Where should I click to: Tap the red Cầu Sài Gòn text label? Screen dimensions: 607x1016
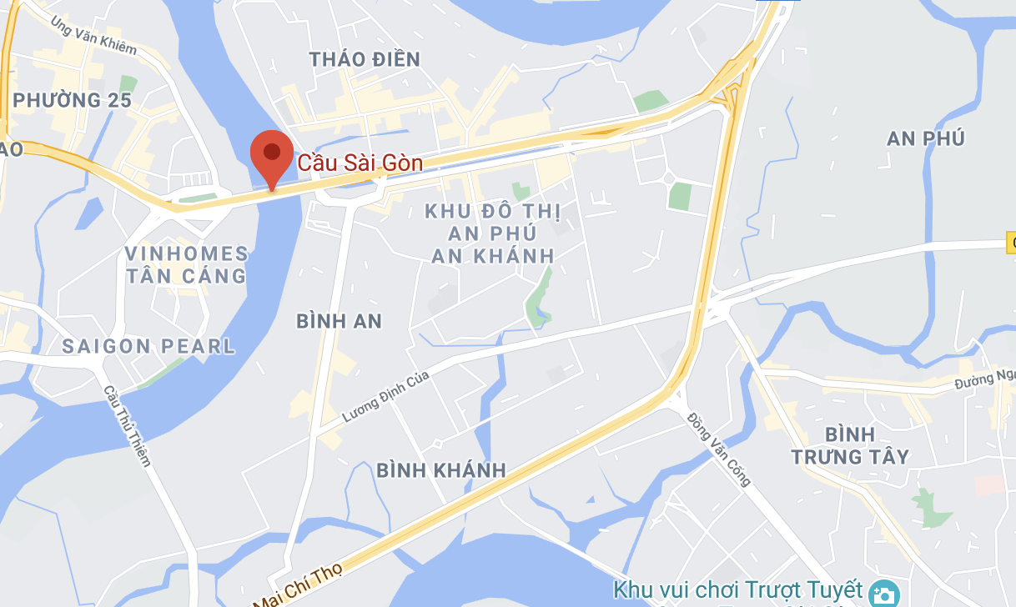coord(360,163)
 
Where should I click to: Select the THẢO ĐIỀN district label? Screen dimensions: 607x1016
coord(365,59)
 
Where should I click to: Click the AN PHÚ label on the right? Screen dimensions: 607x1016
coord(925,138)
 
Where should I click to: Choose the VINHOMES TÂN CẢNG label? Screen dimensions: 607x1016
coord(186,264)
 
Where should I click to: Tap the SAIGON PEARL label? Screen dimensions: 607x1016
coord(149,346)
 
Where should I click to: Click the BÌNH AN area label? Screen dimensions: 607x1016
coord(339,321)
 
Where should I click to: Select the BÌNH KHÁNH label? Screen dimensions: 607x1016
coord(441,470)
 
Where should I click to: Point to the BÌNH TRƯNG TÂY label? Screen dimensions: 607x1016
coord(850,445)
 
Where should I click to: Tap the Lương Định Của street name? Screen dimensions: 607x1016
coord(386,397)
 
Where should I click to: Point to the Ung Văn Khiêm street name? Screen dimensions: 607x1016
coord(93,35)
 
